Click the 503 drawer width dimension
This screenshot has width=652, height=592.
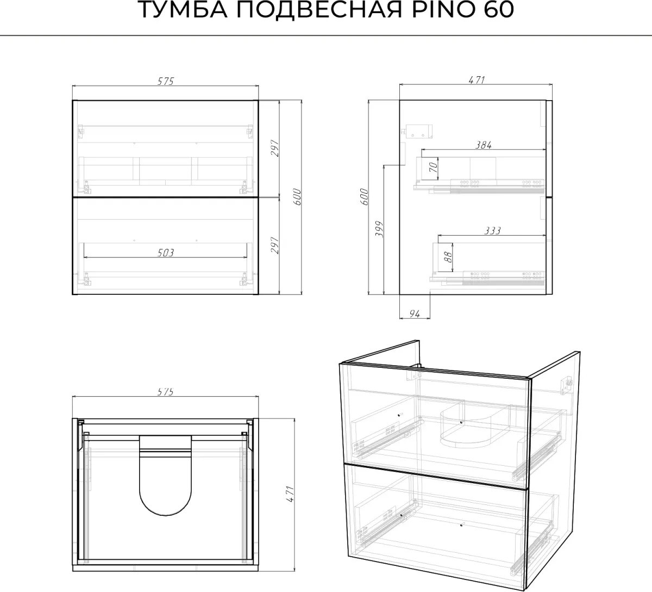tap(166, 252)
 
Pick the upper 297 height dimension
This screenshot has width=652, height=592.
tap(275, 148)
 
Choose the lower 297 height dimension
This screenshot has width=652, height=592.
tap(275, 245)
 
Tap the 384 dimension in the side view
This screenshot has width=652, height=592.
tap(484, 145)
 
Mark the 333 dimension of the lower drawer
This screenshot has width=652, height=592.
tap(492, 231)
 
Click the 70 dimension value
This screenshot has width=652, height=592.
tap(433, 168)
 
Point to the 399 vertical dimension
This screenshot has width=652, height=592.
tap(379, 229)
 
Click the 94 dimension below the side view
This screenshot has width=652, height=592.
tap(415, 314)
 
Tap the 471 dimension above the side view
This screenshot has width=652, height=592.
tap(477, 80)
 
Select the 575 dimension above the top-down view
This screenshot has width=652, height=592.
tap(166, 391)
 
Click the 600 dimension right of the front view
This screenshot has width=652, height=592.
tap(297, 196)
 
